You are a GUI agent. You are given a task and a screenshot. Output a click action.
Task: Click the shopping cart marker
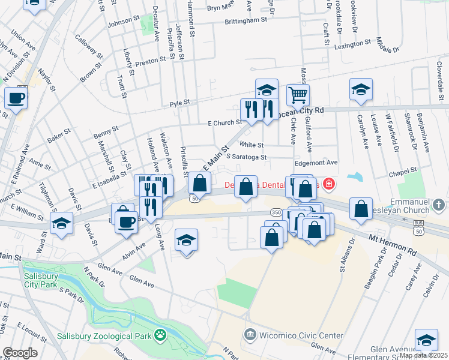pyautogui.click(x=298, y=94)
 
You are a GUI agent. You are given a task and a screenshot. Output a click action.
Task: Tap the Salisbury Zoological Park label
pyautogui.click(x=103, y=336)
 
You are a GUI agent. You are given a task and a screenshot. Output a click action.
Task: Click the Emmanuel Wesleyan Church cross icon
pyautogui.click(x=439, y=205)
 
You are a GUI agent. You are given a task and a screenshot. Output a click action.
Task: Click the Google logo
pyautogui.click(x=20, y=353)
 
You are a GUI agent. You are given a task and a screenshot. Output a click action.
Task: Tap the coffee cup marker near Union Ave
pyautogui.click(x=16, y=97)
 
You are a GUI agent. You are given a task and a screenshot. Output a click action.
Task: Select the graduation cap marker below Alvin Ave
pyautogui.click(x=187, y=241)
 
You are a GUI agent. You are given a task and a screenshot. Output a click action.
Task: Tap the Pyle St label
pyautogui.click(x=179, y=103)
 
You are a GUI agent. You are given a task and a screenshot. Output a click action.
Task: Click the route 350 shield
pyautogui.click(x=276, y=212)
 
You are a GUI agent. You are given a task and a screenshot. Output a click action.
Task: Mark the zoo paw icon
pyautogui.click(x=160, y=334)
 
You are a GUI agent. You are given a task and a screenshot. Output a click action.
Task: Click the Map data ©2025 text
pyautogui.click(x=423, y=355)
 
